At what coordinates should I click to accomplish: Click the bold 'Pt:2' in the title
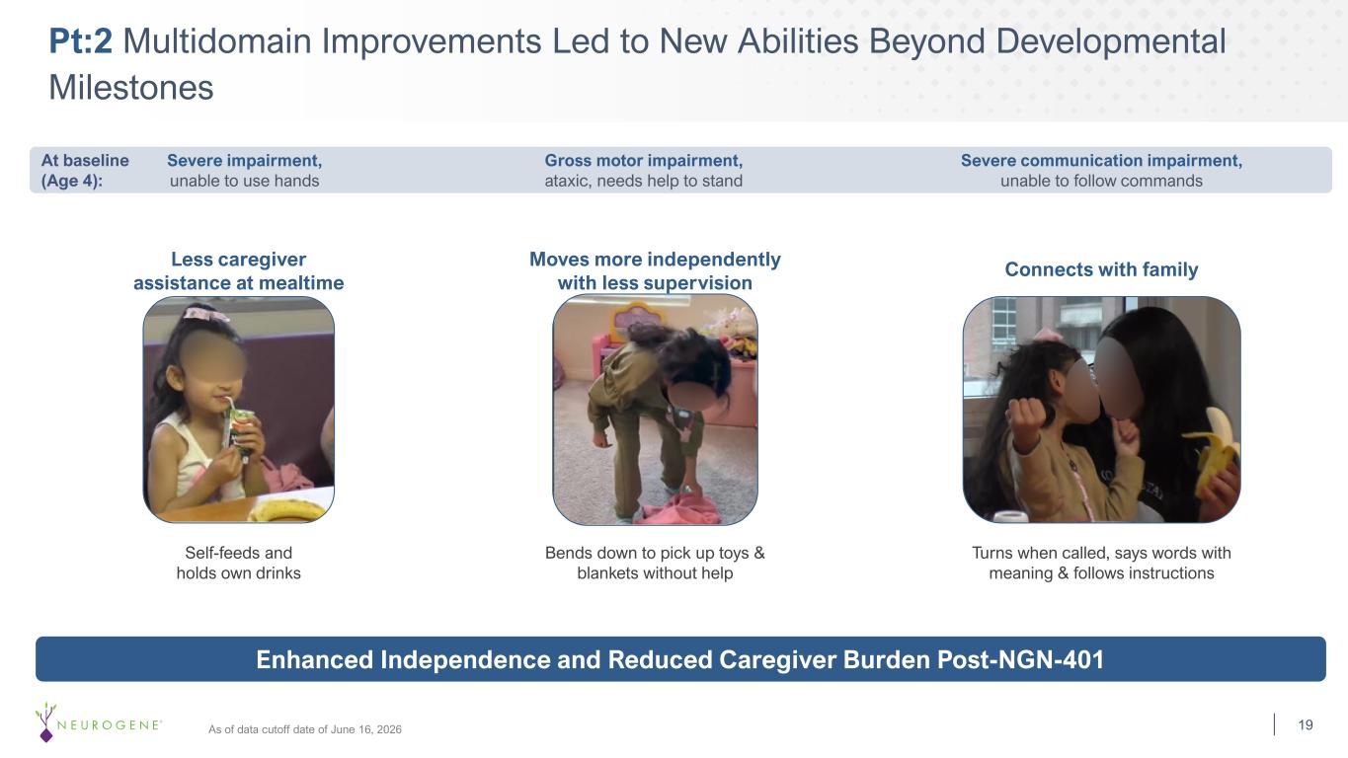[x=80, y=41]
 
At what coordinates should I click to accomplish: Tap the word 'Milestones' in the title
[x=131, y=88]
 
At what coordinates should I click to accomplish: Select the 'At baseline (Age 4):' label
[x=85, y=170]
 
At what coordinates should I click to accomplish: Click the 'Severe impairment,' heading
[x=244, y=161]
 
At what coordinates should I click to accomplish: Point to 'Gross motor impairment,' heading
[x=643, y=161]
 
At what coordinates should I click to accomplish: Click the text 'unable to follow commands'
[x=1101, y=181]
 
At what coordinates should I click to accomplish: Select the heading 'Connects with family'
[x=1101, y=269]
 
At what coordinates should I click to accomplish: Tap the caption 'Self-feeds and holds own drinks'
[x=238, y=563]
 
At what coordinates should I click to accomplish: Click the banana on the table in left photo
[x=287, y=510]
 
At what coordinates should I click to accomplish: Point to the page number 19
[x=1306, y=724]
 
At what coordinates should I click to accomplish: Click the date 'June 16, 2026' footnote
[x=365, y=729]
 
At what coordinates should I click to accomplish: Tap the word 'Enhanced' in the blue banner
[x=315, y=660]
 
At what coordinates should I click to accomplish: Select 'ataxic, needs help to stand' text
[x=643, y=181]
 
